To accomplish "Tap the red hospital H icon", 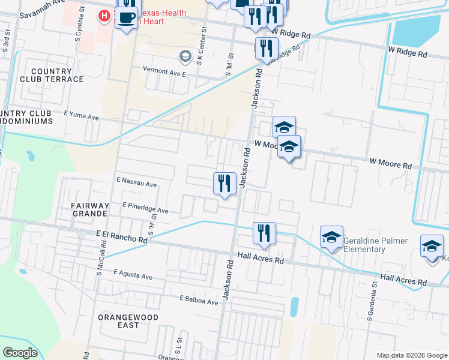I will pos(104,16).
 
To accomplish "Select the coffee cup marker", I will pos(126,17).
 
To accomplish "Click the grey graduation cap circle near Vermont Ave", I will pos(185,57).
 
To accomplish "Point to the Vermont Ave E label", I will pos(164,70).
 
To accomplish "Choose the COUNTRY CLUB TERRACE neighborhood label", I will pos(51,75).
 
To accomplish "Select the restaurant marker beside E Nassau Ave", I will pos(224,183).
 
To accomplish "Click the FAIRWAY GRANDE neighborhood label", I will pos(84,209).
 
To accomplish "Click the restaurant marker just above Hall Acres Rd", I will pos(264,233).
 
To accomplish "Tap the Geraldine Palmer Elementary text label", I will pos(375,245).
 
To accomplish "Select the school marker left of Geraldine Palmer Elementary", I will pos(331,238).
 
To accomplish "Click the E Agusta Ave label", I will pos(133,275).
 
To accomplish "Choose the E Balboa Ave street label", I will pos(199,299).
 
